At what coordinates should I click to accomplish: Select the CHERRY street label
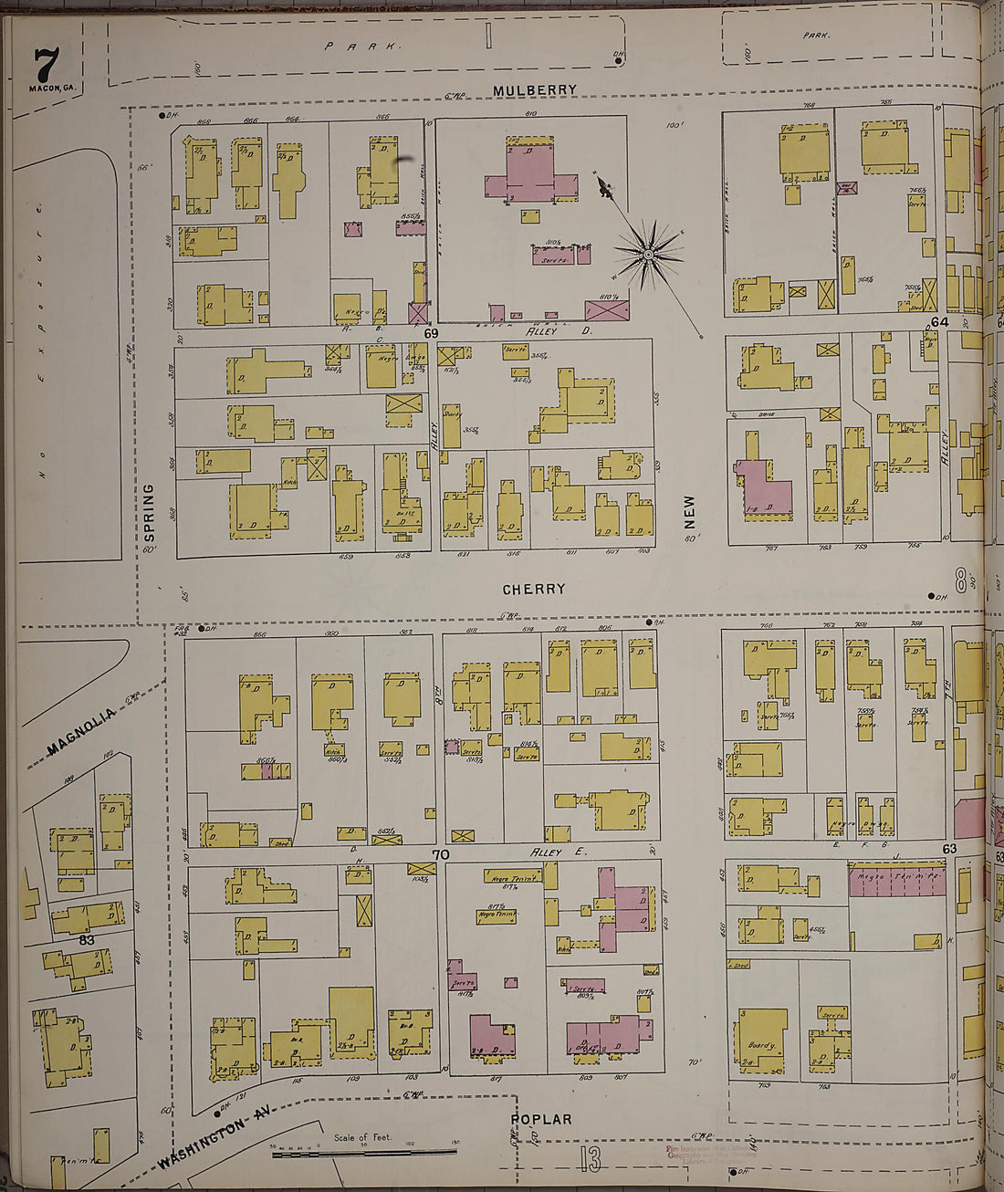click(534, 590)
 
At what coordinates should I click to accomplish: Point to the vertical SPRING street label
click(149, 511)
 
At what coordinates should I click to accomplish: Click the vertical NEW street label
click(689, 512)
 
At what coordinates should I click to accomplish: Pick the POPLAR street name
click(541, 1119)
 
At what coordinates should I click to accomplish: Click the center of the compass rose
click(649, 254)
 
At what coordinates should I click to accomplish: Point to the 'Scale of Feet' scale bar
click(365, 1152)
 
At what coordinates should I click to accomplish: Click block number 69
click(431, 334)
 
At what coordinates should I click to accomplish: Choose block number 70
click(441, 855)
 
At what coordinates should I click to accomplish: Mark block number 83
click(87, 939)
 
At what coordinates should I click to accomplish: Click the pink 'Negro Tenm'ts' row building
click(895, 881)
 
